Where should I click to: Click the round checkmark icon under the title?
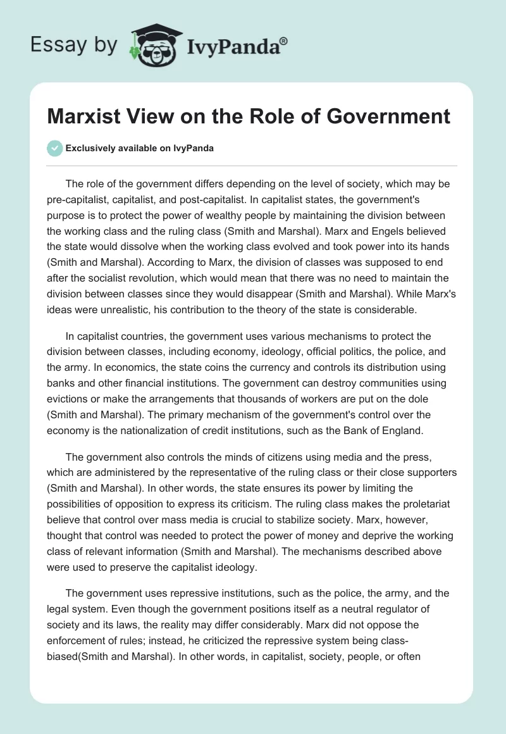pyautogui.click(x=54, y=148)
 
